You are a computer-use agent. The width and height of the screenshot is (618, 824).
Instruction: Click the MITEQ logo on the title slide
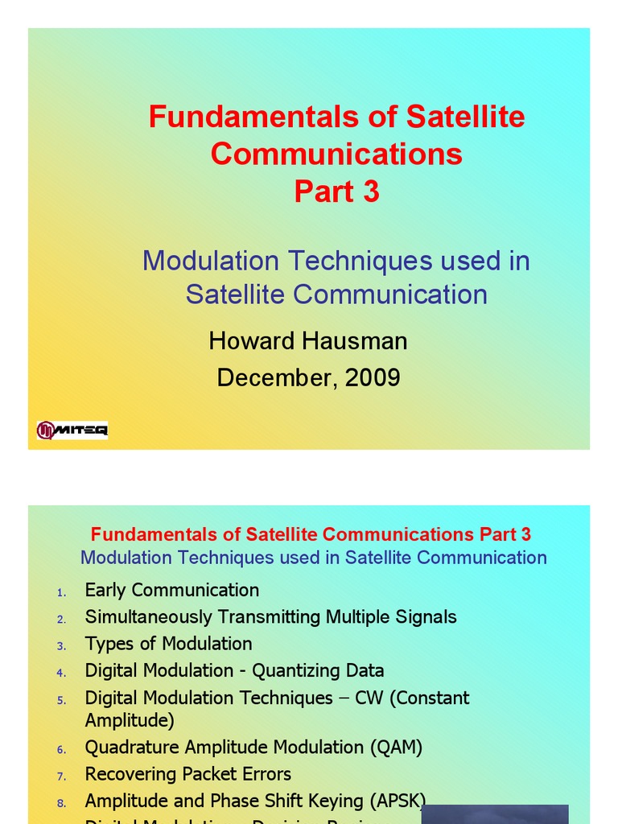(x=72, y=431)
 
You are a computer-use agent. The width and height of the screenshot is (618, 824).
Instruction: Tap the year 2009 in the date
(x=373, y=377)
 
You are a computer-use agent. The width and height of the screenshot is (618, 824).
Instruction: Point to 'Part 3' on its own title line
(x=336, y=192)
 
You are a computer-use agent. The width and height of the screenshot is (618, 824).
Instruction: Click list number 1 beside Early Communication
(x=61, y=593)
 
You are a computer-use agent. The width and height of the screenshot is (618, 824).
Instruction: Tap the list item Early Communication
(x=172, y=590)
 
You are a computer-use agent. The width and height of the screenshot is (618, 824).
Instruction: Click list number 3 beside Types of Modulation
(x=61, y=646)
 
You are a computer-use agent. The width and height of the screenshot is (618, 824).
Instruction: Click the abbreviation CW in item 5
(x=369, y=698)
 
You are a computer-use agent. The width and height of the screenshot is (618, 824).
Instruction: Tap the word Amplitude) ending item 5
(x=130, y=720)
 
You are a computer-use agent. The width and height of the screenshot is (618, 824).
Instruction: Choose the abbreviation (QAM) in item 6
(x=397, y=747)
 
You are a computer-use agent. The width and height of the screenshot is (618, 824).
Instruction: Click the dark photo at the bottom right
(x=494, y=814)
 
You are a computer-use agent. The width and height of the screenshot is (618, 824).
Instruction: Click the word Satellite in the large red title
(x=465, y=117)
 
